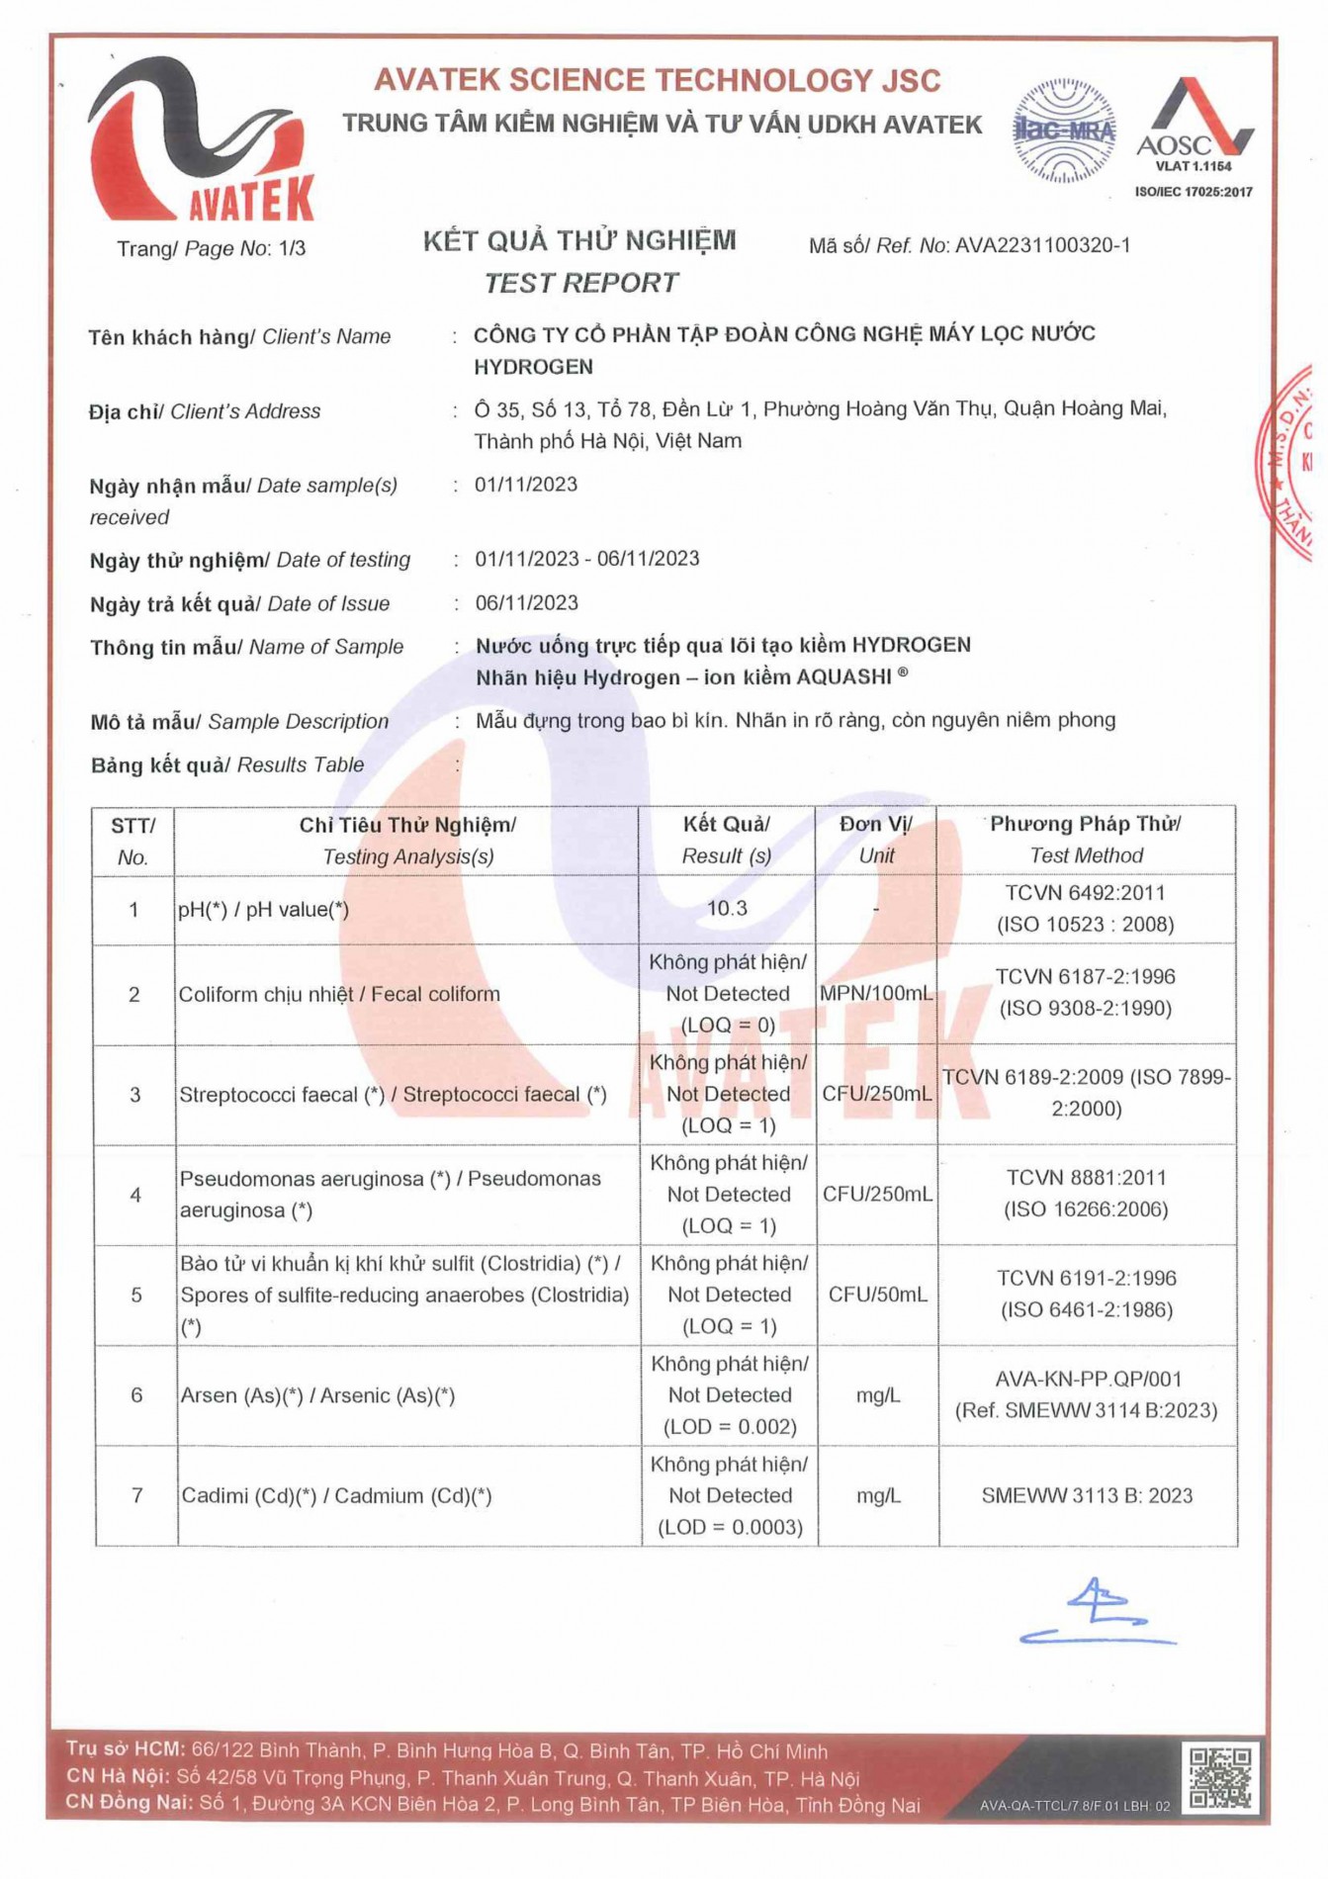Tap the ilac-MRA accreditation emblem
click(1064, 131)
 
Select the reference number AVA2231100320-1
click(1042, 245)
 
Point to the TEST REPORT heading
click(580, 284)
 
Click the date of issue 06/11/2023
click(526, 603)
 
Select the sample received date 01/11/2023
click(526, 485)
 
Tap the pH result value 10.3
click(727, 909)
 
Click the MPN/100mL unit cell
click(876, 994)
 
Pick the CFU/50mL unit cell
click(877, 1295)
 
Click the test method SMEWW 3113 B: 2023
click(1087, 1495)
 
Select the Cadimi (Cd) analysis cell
click(336, 1495)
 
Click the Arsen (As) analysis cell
click(317, 1395)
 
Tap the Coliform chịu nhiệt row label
click(339, 994)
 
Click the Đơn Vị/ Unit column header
click(876, 840)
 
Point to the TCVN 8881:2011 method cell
click(1086, 1194)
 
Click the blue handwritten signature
click(1097, 1611)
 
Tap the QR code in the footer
click(1220, 1777)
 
